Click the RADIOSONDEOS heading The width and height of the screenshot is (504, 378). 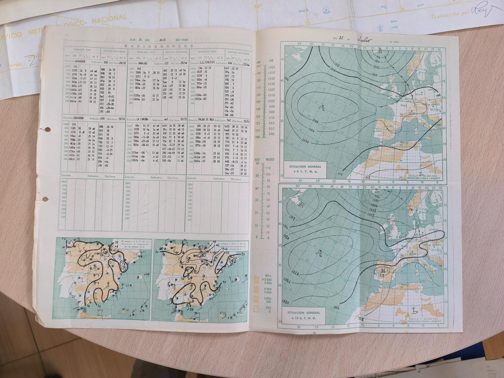tap(159, 46)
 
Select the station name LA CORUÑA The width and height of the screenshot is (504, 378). tap(142, 120)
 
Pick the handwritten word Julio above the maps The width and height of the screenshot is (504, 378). tap(365, 39)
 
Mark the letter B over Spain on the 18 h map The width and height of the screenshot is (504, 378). tap(383, 271)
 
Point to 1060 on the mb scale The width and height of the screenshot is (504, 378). tap(272, 67)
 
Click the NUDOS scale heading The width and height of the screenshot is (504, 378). tap(270, 160)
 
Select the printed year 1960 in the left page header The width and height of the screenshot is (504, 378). tap(184, 40)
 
